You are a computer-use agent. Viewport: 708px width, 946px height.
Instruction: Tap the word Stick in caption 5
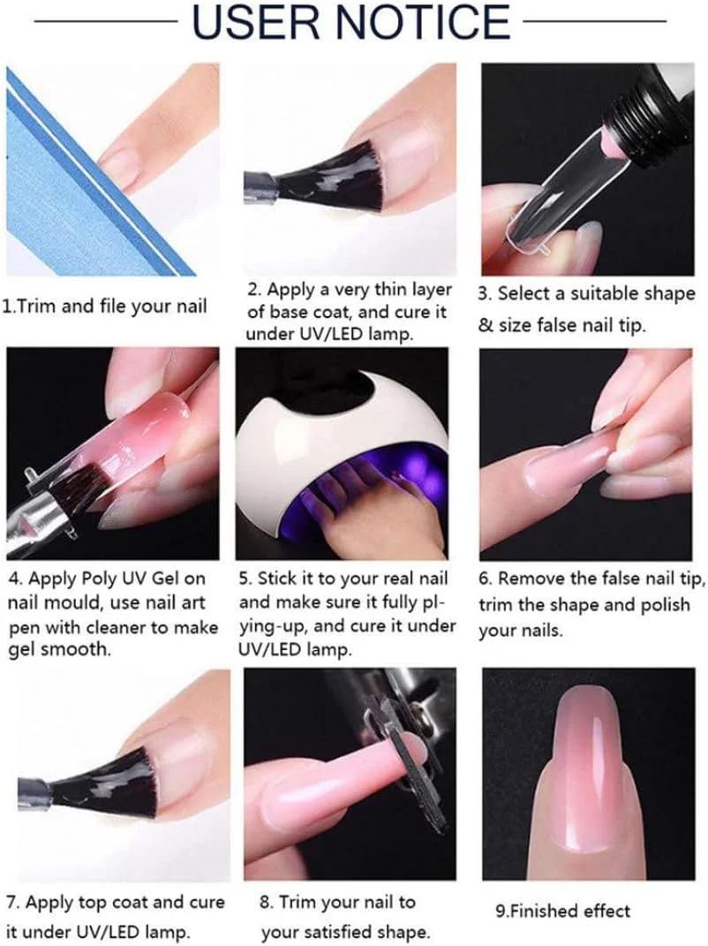[x=277, y=579]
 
